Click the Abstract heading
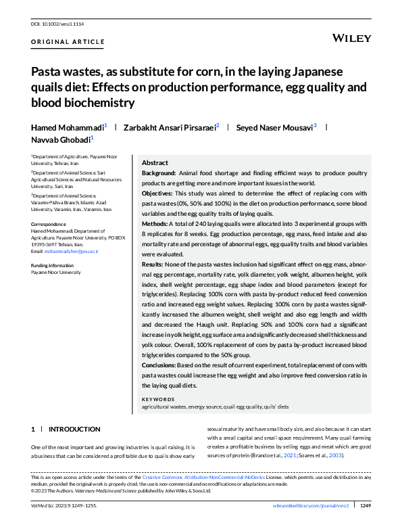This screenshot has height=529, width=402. pyautogui.click(x=155, y=163)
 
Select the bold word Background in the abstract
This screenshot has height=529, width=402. pyautogui.click(x=159, y=173)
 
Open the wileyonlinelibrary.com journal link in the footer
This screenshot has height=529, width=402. pyautogui.click(x=311, y=505)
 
